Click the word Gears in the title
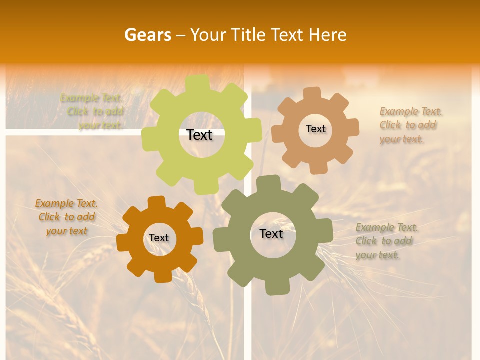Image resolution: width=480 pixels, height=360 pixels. click(147, 35)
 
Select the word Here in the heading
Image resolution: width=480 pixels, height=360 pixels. click(327, 35)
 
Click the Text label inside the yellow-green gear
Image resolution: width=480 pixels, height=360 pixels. click(199, 135)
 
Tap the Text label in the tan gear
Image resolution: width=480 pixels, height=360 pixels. click(315, 129)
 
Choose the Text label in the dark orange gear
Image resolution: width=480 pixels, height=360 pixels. click(159, 238)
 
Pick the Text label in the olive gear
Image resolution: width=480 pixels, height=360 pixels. click(271, 233)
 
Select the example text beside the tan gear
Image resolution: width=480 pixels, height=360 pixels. click(411, 125)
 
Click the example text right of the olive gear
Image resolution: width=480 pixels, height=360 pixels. click(386, 241)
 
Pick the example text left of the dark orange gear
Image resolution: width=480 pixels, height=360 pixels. click(66, 217)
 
